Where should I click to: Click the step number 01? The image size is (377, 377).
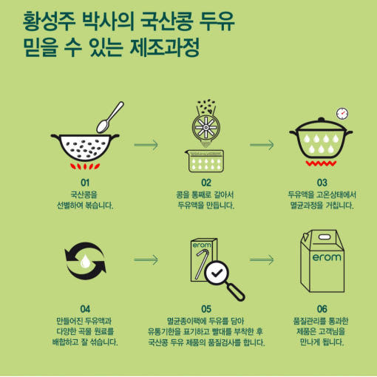click(85, 183)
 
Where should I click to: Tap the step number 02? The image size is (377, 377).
click(206, 183)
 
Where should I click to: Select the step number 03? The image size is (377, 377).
click(322, 183)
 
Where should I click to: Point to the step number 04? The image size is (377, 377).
click(85, 309)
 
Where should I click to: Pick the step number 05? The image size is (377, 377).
click(206, 309)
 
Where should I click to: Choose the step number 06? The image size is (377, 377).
click(322, 309)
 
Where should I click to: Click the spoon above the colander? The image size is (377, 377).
click(109, 118)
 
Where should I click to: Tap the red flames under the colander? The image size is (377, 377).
click(85, 166)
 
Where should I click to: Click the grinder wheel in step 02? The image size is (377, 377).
click(206, 127)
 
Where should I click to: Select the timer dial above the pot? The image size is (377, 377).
click(342, 114)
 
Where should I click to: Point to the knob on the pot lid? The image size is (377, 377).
click(321, 120)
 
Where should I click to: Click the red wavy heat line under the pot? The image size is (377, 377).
click(321, 163)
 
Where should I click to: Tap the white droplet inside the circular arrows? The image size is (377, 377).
click(85, 261)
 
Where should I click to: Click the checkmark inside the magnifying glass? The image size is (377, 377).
click(217, 273)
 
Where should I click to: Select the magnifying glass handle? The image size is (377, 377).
click(236, 292)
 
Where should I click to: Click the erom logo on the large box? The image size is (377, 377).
click(327, 257)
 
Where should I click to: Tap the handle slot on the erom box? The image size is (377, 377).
click(325, 237)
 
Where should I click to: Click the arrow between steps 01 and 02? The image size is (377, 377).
click(146, 145)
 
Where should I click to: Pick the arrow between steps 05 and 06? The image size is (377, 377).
click(262, 259)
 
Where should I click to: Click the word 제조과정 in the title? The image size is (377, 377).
click(164, 47)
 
